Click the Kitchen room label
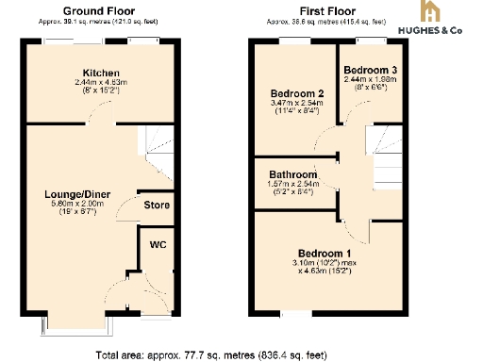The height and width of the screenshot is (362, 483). point(99,73)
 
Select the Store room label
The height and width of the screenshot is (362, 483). point(156,205)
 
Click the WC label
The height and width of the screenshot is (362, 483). point(157,243)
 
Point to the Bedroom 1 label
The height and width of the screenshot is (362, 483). point(325,253)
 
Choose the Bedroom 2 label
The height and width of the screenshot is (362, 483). point(297,93)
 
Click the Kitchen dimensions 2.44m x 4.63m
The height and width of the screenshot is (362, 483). point(99,83)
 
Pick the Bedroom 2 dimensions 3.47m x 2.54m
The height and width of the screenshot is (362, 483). point(297,104)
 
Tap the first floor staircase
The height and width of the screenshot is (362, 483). point(388,170)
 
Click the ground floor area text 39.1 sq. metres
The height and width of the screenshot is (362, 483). point(98,19)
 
